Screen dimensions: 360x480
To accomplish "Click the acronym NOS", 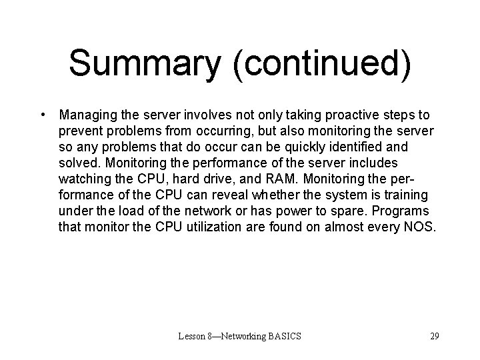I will [421, 227].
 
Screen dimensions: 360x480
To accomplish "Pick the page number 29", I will [434, 336].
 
